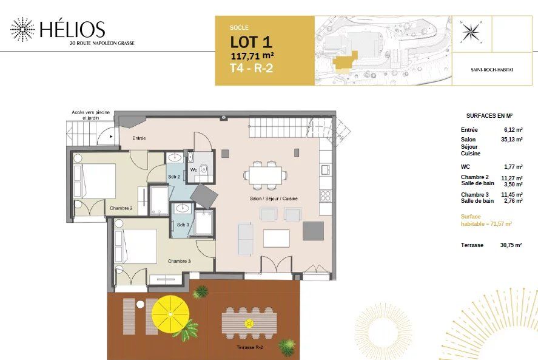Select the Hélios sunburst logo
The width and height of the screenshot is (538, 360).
coord(22,30)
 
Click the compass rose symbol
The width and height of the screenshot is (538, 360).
coord(471,32)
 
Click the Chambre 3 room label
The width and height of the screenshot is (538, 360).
coord(180,261)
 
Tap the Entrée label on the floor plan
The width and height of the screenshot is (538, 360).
coord(140,138)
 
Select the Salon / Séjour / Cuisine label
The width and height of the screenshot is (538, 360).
coord(274,199)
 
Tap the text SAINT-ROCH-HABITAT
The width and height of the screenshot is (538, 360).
coord(491,70)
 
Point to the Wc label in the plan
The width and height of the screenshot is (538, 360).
coord(194,170)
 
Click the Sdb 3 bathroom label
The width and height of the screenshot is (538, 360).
coord(183,225)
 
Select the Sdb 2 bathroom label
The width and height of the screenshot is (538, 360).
coord(173,177)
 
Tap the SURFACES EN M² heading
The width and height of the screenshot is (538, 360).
coord(489,115)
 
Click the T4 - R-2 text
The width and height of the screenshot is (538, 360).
coord(251,68)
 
